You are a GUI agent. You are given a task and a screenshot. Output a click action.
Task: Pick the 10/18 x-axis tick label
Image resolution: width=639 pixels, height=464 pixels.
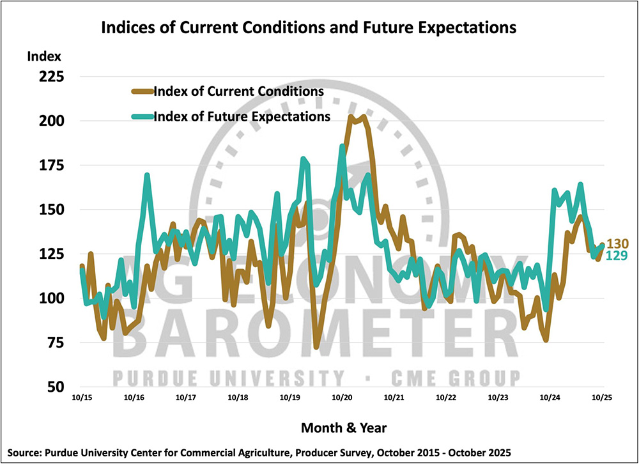(x=238, y=398)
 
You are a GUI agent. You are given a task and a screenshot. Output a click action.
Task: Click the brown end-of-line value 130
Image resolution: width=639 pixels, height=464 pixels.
(x=617, y=244)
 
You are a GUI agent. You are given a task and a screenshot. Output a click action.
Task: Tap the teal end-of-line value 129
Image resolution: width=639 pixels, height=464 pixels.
(x=617, y=255)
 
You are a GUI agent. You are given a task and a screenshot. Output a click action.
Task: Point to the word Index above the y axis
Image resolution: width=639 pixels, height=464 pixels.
(x=42, y=56)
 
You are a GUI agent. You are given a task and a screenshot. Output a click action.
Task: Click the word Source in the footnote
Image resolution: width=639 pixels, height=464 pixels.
(x=21, y=452)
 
